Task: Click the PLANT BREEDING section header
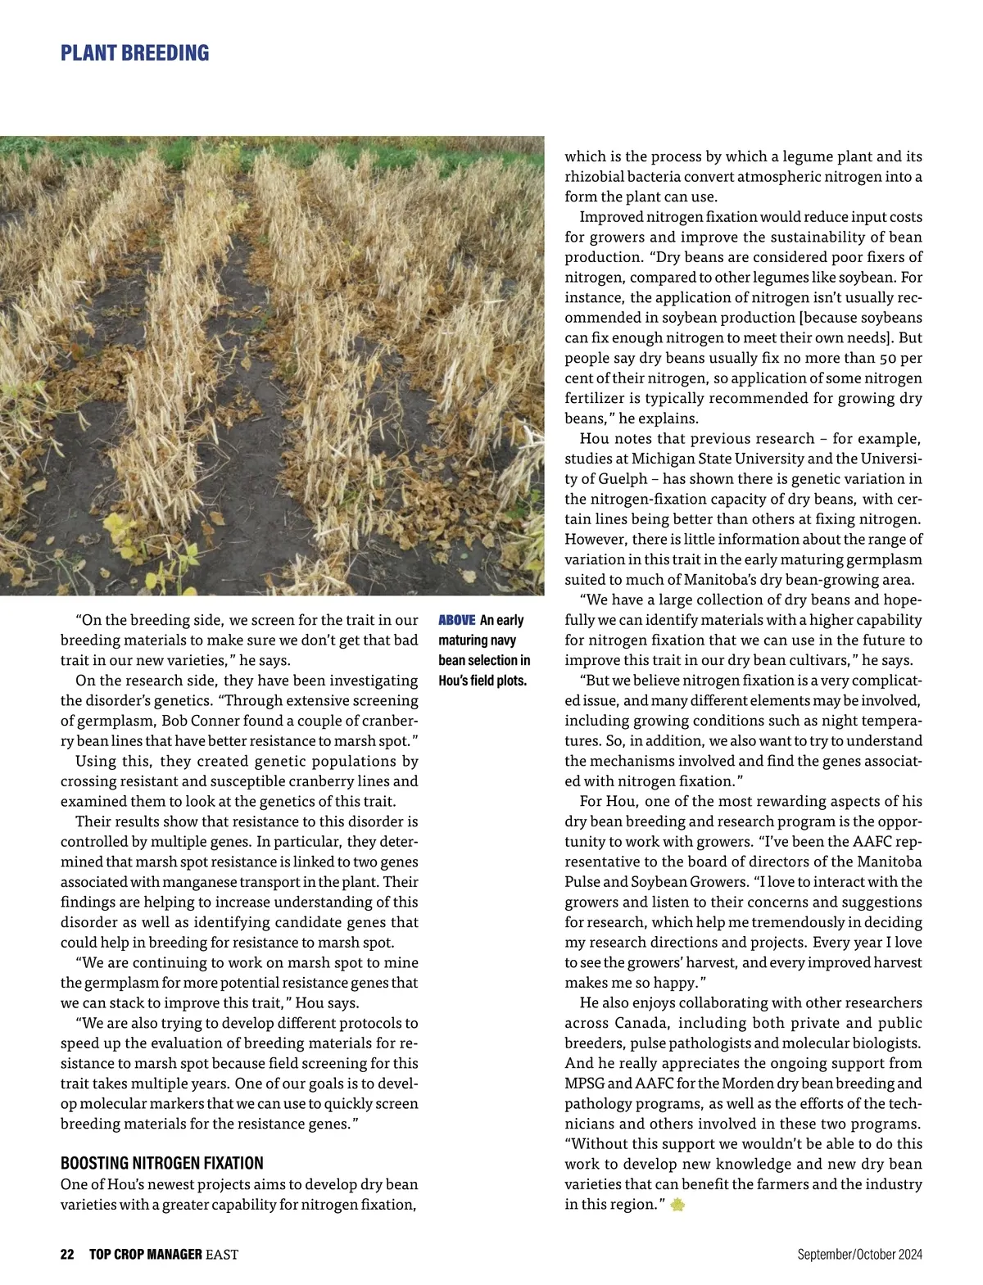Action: pos(135,54)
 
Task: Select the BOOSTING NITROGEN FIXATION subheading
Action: pos(162,1163)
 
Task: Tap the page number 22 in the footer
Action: pos(67,1254)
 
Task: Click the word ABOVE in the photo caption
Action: pos(457,620)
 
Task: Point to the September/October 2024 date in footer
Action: pos(859,1254)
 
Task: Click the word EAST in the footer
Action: pos(221,1254)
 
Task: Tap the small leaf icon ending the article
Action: pos(677,1205)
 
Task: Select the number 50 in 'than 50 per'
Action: pos(889,358)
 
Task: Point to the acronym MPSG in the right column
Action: pos(586,1084)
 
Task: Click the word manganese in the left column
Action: pos(196,882)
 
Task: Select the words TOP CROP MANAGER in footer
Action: pos(145,1254)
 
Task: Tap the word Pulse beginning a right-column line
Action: pos(582,882)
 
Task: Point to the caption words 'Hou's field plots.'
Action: pos(482,680)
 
